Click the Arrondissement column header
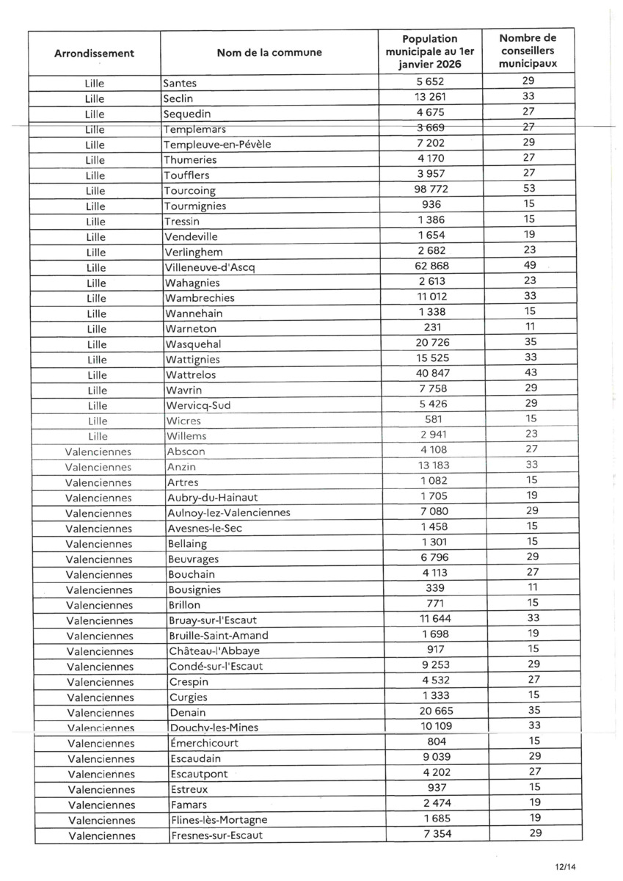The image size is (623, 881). (94, 53)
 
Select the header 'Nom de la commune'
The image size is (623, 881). (269, 53)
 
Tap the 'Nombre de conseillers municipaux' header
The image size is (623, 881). (528, 51)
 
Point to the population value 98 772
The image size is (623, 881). (430, 189)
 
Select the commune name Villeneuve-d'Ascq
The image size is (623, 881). (209, 267)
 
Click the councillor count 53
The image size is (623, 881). (529, 189)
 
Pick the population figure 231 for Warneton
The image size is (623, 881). (430, 327)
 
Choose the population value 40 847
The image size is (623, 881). (430, 373)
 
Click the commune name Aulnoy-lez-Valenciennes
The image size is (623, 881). (228, 512)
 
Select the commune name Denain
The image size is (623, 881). (187, 712)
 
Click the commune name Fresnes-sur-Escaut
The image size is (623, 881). (216, 835)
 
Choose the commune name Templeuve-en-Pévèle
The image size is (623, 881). (217, 145)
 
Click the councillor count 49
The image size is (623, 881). (529, 265)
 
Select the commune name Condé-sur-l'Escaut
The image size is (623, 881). (216, 667)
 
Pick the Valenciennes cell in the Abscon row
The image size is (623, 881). (98, 452)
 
